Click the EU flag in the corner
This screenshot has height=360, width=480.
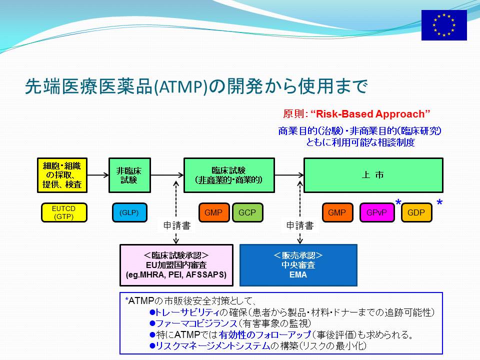[x=444, y=25]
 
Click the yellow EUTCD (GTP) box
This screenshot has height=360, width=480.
[x=64, y=212]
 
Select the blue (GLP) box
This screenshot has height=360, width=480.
[x=129, y=212]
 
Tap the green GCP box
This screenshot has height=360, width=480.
[x=247, y=212]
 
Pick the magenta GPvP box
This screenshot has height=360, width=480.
[x=377, y=212]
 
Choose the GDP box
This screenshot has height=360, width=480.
[x=416, y=212]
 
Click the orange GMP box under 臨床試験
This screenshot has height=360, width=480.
[x=214, y=212]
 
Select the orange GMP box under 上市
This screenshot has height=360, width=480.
[x=337, y=212]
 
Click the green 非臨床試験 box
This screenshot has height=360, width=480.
[x=130, y=175]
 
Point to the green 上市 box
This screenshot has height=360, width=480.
[x=373, y=175]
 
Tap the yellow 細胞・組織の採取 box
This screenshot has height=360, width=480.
[x=62, y=175]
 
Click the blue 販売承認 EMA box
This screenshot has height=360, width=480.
[x=298, y=265]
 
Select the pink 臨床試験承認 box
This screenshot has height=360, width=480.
[x=176, y=265]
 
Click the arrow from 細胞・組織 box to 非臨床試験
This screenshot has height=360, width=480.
[x=98, y=175]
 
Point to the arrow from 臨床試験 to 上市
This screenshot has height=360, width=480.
[x=289, y=175]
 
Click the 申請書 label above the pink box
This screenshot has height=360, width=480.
[x=177, y=225]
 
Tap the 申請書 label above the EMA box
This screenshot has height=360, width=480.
[x=300, y=225]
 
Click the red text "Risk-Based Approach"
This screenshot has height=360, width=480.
[x=370, y=114]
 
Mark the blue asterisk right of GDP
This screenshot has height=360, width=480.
[x=439, y=202]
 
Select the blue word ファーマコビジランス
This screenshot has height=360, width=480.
[x=196, y=323]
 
